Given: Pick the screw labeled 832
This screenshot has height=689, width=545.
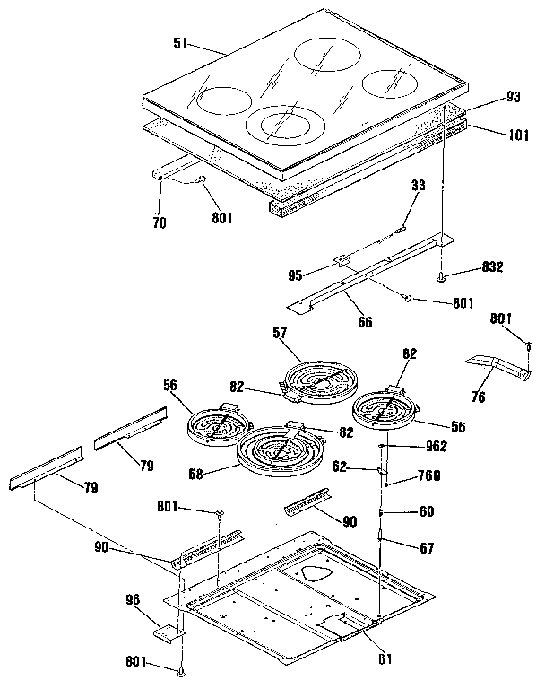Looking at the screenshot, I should click(x=442, y=278).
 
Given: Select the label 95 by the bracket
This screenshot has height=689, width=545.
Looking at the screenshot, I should click(x=318, y=275).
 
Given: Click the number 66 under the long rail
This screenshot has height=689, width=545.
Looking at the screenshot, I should click(x=365, y=320).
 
